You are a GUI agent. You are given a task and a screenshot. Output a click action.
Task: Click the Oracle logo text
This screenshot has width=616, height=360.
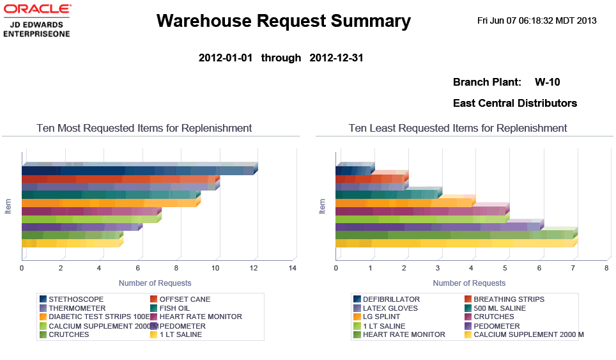coord(37,10)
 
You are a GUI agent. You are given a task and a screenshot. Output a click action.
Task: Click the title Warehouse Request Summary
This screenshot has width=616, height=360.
coord(283,21)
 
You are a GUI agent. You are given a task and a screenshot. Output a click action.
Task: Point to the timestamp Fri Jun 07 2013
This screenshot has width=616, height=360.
coord(537,20)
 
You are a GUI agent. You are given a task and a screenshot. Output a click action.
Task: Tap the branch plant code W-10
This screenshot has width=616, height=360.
coord(548,82)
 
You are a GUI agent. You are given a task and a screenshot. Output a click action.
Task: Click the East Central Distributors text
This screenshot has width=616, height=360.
coord(514,103)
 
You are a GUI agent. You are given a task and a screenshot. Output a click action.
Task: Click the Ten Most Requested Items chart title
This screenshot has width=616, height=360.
coord(144,128)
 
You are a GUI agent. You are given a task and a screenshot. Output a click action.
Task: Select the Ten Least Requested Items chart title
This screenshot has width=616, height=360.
coord(458,128)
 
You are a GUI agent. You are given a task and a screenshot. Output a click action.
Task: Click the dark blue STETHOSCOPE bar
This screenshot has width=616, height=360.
coord(137,170)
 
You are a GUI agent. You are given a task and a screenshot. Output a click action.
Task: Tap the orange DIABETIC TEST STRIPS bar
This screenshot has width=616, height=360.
coord(109,203)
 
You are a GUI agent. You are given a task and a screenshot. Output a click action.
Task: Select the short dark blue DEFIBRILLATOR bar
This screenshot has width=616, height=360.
coord(353,170)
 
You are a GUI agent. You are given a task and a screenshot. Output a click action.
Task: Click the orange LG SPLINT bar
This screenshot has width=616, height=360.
coord(403,203)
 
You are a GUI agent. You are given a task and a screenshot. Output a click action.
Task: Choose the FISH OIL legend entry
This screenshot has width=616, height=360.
coord(174,308)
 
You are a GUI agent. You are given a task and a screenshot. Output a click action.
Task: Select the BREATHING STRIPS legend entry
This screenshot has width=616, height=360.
coord(509,299)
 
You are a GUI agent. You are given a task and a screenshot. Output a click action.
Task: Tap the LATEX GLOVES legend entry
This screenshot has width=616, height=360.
coord(390,308)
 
